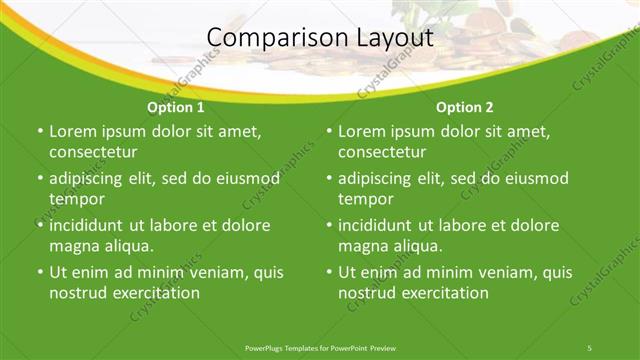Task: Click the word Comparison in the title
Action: [268, 38]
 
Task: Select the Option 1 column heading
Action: [176, 107]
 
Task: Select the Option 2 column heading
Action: [465, 107]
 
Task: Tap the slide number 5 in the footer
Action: [589, 347]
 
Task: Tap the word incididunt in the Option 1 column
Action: [90, 225]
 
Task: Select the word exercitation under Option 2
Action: [442, 293]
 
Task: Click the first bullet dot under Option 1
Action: [39, 132]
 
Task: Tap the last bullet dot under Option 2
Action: [328, 272]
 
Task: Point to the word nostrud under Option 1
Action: [78, 293]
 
